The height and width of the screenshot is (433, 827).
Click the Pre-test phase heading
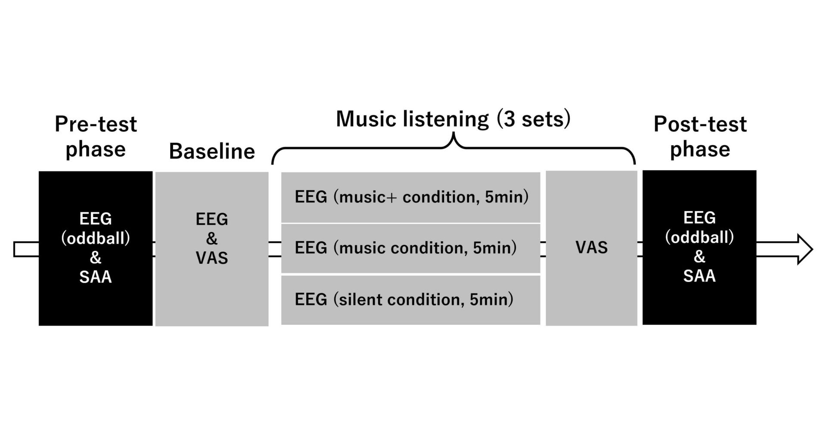click(x=96, y=137)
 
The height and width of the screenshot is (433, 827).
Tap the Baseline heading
click(x=212, y=151)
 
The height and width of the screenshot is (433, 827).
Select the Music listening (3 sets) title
click(x=453, y=119)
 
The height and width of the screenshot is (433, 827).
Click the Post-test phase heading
click(x=700, y=137)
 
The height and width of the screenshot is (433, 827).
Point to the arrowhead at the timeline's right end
click(x=805, y=249)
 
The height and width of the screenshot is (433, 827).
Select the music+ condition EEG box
click(x=410, y=197)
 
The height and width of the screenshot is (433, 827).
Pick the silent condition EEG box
click(x=410, y=300)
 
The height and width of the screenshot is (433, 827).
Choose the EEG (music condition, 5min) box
click(x=410, y=248)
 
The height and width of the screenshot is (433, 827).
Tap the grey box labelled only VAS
click(x=591, y=248)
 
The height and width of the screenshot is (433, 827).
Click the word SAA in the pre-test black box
click(x=96, y=277)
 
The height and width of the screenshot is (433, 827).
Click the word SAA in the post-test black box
click(x=700, y=276)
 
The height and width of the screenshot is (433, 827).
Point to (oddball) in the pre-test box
click(x=96, y=238)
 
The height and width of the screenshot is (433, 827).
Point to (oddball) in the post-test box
click(x=700, y=237)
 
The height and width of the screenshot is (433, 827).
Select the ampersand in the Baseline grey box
click(x=212, y=239)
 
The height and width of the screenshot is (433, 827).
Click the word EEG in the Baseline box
click(x=212, y=219)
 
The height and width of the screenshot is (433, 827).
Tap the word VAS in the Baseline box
click(x=212, y=258)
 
